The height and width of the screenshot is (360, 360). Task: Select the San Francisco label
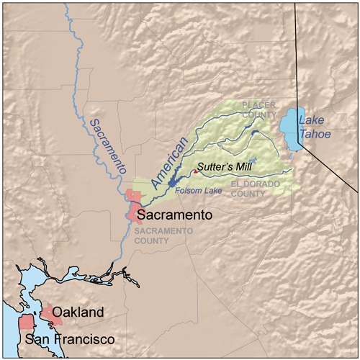(70, 338)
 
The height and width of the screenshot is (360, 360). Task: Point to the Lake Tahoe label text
(317, 128)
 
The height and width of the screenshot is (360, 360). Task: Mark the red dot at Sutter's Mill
(194, 171)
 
